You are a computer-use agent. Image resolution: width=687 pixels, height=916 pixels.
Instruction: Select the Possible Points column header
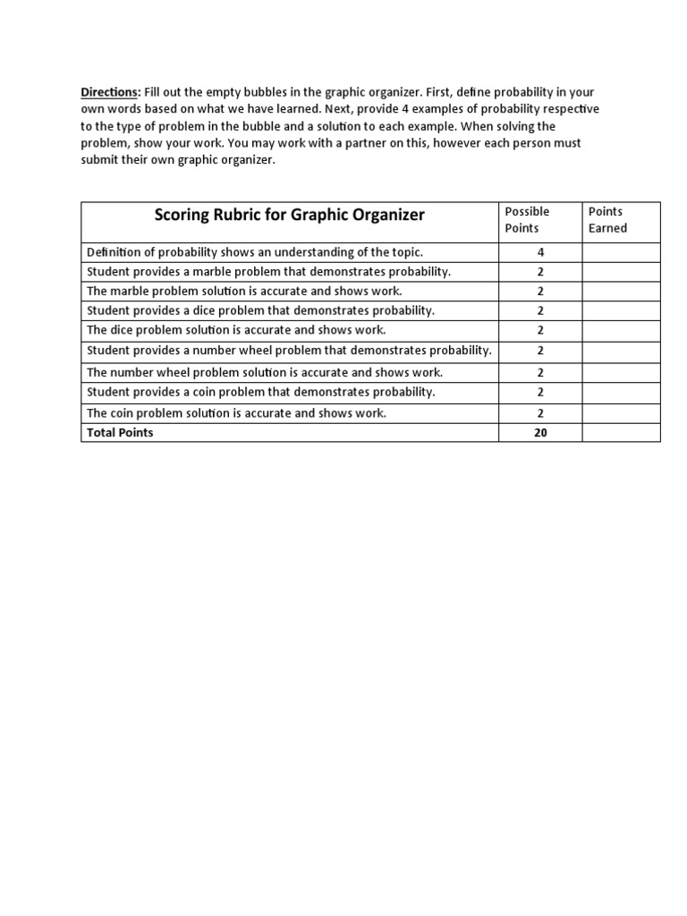point(527,219)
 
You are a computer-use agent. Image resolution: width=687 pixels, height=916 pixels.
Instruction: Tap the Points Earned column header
point(607,219)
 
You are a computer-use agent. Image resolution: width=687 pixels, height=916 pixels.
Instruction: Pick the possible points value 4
point(540,252)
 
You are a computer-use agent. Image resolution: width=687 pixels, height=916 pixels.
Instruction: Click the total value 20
point(540,433)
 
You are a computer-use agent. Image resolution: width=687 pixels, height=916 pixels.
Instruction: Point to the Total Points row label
point(120,433)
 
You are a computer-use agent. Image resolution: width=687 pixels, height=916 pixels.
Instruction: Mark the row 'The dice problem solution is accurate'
point(236,330)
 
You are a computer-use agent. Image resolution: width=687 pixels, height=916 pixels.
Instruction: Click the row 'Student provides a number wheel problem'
point(289,350)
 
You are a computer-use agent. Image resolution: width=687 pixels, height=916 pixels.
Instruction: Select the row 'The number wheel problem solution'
point(264,372)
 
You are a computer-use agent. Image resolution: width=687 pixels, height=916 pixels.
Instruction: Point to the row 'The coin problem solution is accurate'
point(236,413)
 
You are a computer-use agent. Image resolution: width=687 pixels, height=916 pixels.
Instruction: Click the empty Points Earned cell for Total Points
point(621,433)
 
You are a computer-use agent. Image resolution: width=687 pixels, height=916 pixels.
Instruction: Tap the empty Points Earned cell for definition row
point(621,252)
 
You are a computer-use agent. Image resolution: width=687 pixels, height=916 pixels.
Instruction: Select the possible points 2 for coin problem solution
point(540,413)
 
